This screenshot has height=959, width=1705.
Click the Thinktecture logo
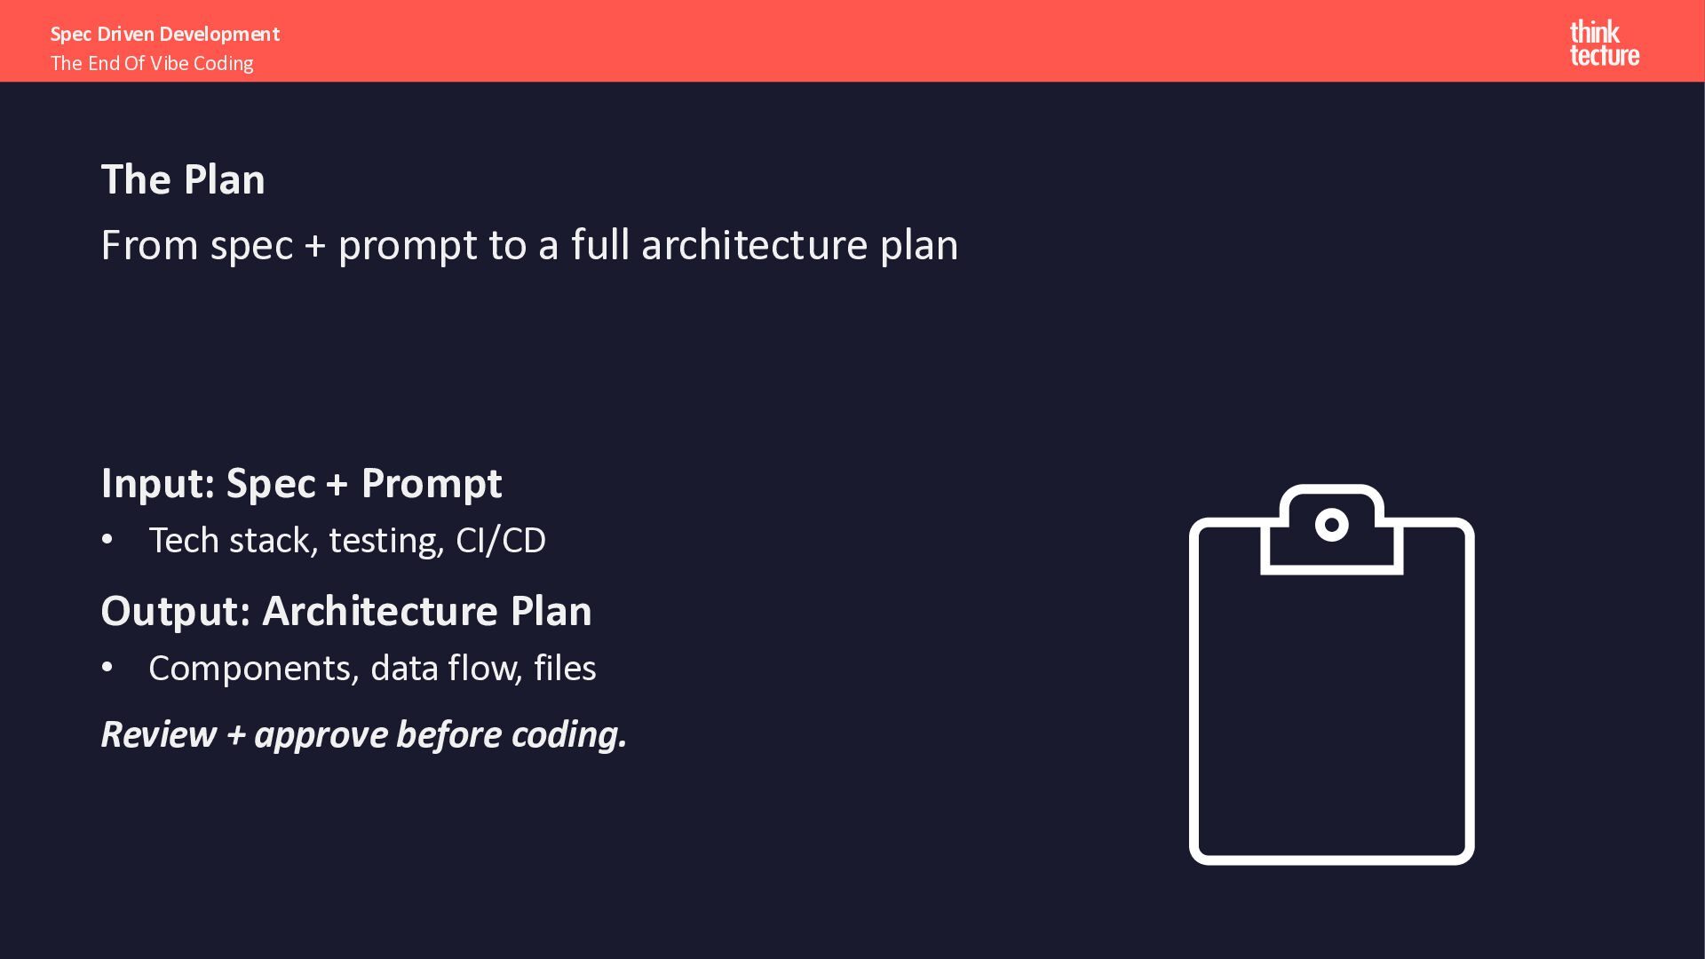click(1604, 44)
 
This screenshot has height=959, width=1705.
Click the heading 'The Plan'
click(183, 179)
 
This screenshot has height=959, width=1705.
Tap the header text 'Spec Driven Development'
click(165, 34)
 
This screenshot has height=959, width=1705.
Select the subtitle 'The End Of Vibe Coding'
click(152, 63)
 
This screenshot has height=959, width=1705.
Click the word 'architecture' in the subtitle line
click(754, 244)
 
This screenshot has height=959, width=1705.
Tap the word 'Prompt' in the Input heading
click(432, 484)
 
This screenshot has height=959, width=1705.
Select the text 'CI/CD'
click(501, 541)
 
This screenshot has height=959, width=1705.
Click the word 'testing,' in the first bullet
click(387, 541)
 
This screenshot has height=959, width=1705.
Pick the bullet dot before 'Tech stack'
click(107, 540)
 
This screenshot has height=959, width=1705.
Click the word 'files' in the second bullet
click(565, 668)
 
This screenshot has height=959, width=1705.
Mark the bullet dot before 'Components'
click(107, 668)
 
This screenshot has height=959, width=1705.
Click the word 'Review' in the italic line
click(159, 734)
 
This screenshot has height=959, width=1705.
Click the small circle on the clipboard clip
click(1331, 525)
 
